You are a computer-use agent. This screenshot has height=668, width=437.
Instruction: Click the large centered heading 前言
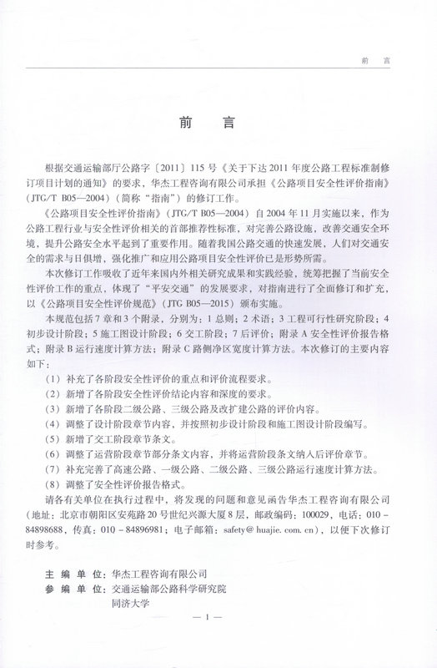(x=218, y=120)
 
